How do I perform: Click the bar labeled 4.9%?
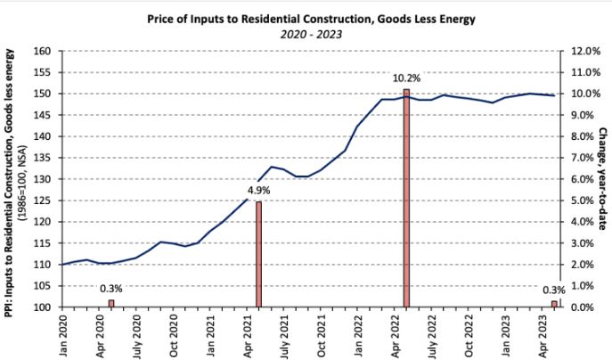click(258, 254)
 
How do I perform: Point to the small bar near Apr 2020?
click(111, 303)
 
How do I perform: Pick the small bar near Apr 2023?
click(554, 304)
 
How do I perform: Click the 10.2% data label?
click(405, 78)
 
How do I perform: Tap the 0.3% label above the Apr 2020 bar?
click(110, 289)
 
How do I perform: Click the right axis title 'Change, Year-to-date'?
click(602, 178)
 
